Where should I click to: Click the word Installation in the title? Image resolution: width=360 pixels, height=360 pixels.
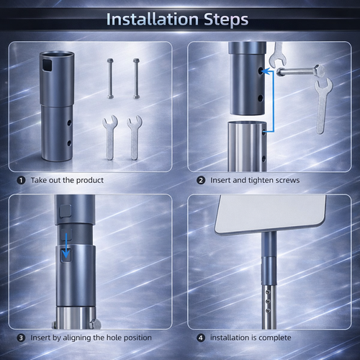153,19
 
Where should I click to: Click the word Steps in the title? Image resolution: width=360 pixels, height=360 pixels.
226,19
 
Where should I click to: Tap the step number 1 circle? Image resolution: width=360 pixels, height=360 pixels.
21,180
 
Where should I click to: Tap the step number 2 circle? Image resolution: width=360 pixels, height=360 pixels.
201,180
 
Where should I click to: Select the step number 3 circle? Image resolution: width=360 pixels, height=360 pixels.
21,338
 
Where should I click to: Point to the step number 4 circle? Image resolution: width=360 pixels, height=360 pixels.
201,338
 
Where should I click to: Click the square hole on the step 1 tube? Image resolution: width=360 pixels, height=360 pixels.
47,65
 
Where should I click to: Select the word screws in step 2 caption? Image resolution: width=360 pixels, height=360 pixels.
287,180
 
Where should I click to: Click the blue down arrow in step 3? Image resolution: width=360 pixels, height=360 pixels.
66,246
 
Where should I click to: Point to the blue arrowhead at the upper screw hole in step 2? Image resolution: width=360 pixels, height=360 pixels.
264,71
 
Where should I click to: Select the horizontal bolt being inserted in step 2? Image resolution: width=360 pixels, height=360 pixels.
301,71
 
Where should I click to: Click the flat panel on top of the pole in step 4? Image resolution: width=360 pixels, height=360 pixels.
271,215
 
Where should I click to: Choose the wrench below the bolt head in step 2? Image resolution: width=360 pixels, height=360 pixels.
323,106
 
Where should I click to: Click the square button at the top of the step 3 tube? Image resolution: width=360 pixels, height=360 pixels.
66,211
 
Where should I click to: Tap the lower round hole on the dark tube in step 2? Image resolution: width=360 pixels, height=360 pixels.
261,98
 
